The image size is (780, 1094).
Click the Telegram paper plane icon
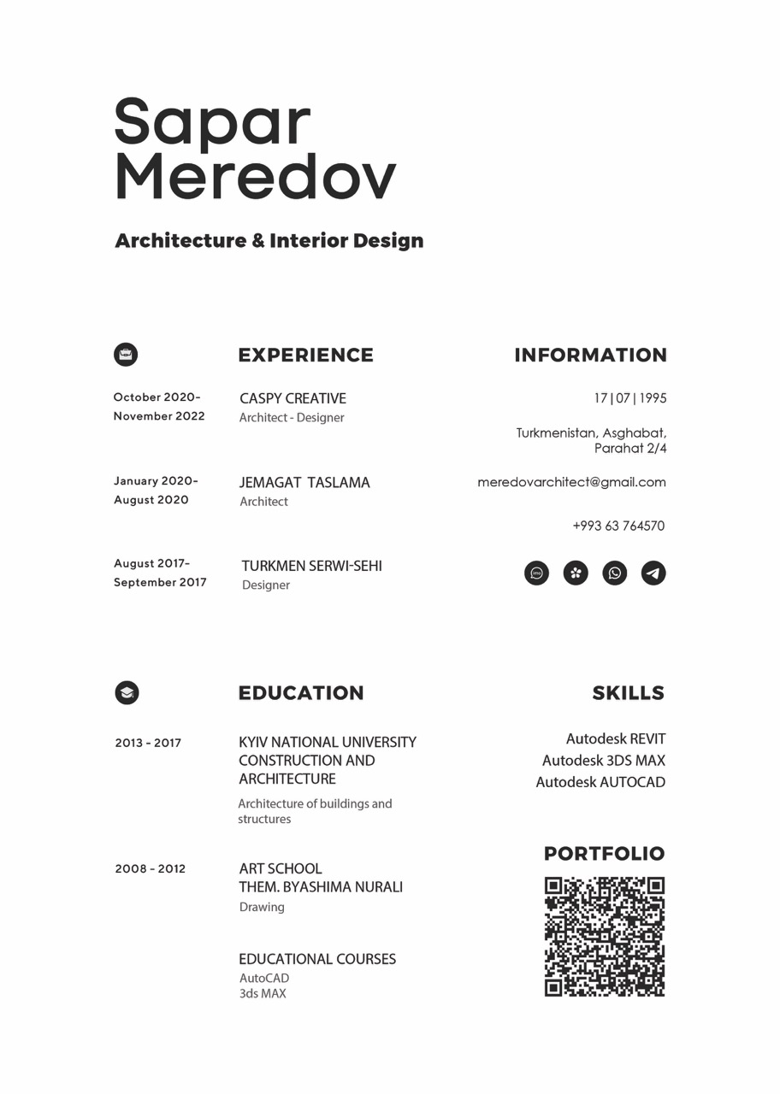point(653,573)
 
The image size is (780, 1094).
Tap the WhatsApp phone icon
point(614,573)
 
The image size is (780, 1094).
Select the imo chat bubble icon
point(536,573)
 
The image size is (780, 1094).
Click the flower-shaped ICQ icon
point(576,573)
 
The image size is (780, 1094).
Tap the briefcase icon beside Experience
point(126,354)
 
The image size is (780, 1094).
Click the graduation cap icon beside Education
point(127,692)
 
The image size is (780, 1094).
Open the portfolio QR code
point(605,937)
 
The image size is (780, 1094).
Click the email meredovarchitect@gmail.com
point(571,482)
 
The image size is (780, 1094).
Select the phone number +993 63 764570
point(618,526)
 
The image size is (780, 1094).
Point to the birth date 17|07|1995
point(630,398)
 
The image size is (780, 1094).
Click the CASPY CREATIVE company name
point(292,398)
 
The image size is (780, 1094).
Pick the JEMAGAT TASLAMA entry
point(304,482)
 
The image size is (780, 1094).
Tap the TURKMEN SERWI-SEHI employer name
point(311,566)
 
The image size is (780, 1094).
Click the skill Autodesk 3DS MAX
point(603,760)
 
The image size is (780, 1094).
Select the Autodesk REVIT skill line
point(615,738)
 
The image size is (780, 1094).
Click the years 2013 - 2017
point(148,743)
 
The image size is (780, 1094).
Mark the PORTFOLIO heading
point(604,853)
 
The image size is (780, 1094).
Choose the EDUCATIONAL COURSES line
point(317,959)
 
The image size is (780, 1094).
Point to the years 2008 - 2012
point(150,868)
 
